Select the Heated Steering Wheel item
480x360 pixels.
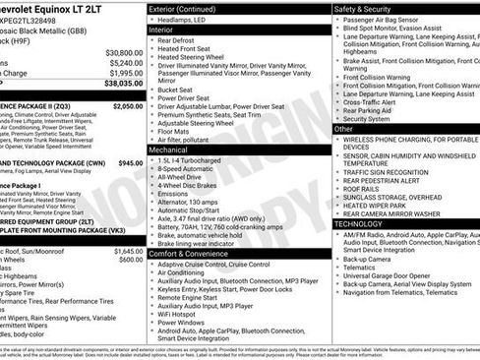pyautogui.click(x=196, y=57)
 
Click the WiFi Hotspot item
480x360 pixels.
pyautogui.click(x=183, y=313)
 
